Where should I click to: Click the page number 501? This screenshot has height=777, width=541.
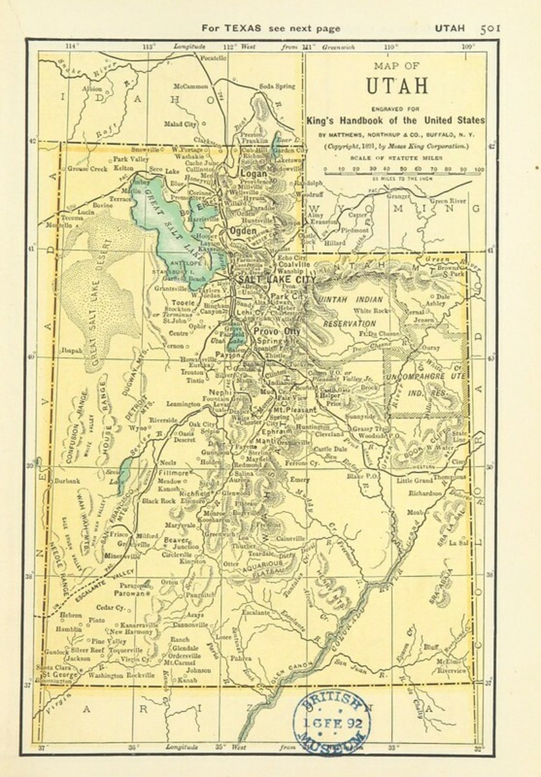coord(491,28)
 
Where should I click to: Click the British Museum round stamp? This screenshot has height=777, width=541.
coord(331,718)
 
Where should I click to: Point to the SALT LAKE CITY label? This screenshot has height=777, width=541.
coord(277,279)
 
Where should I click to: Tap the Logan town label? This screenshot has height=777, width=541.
coord(254,174)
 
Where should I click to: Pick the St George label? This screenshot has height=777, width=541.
coord(57,674)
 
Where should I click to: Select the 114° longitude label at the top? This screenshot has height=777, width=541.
coord(71,46)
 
